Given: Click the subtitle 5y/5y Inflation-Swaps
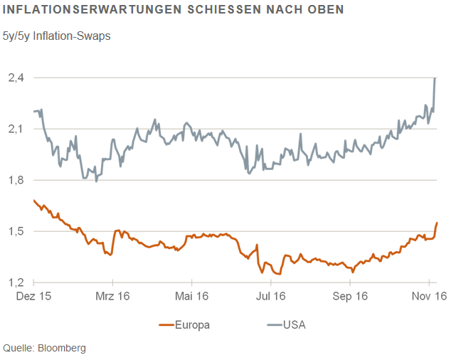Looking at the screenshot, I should [x=57, y=34].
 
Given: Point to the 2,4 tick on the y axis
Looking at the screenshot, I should [x=16, y=78].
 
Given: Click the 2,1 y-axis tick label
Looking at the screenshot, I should [x=16, y=129].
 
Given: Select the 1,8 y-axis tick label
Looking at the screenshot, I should [x=16, y=180].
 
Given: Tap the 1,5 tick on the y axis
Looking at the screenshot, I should [x=16, y=231].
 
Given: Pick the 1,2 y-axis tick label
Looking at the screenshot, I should [x=16, y=282].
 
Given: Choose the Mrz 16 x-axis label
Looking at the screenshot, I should [x=112, y=297].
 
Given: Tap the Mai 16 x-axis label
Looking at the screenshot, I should [x=192, y=297].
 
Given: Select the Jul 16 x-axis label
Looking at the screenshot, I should [x=271, y=297].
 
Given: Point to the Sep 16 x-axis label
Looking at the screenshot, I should [x=350, y=297].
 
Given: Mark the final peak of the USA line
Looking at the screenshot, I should [x=435, y=78].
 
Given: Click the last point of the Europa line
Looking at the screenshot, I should [x=437, y=223].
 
